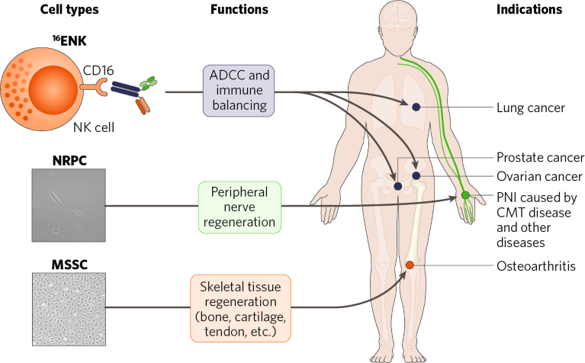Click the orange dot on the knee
click(x=410, y=265)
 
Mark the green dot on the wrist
click(x=465, y=196)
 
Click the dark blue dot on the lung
click(x=416, y=108)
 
